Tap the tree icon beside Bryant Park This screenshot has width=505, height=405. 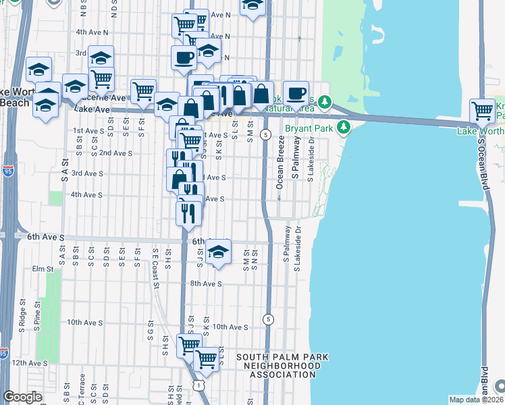coord(343,127)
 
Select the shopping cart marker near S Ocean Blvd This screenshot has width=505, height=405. coord(482,110)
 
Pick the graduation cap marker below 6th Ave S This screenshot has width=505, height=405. coord(217,252)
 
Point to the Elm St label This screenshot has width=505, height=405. coord(42,269)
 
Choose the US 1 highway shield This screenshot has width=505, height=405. coord(196,384)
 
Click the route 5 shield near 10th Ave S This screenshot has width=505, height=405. coord(269,319)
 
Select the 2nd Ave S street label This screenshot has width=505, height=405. coord(115,153)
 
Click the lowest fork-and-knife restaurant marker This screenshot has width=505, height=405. coord(188,213)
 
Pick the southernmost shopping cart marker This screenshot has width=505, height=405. coord(206,360)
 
